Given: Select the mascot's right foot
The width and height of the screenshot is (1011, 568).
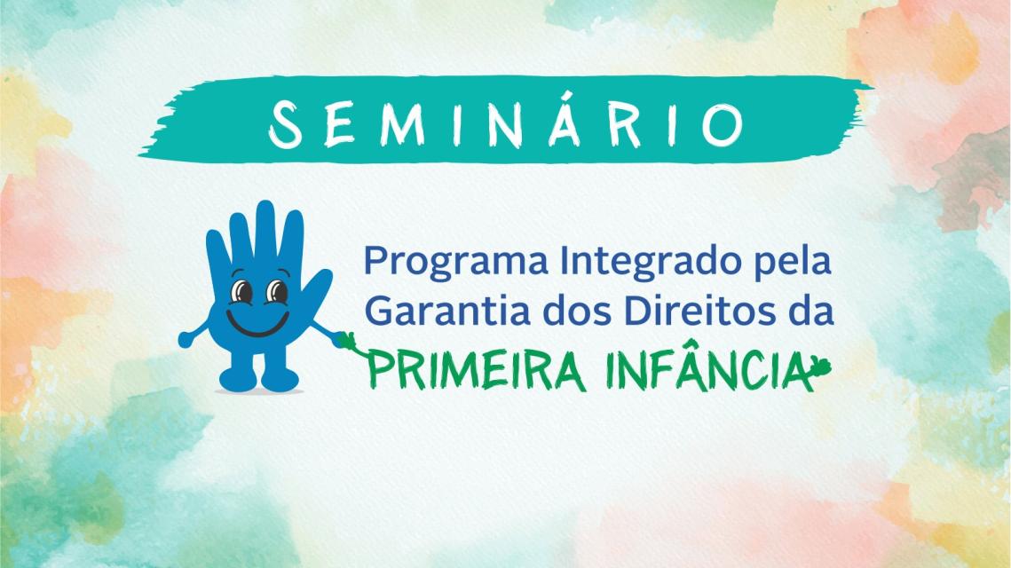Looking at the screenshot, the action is click(x=280, y=378).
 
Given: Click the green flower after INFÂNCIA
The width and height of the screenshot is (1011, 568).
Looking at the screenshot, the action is click(x=821, y=367).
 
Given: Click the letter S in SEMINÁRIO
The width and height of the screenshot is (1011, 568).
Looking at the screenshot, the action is click(x=286, y=125).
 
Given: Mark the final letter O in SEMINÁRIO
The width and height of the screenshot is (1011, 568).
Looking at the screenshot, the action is click(x=723, y=124).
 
